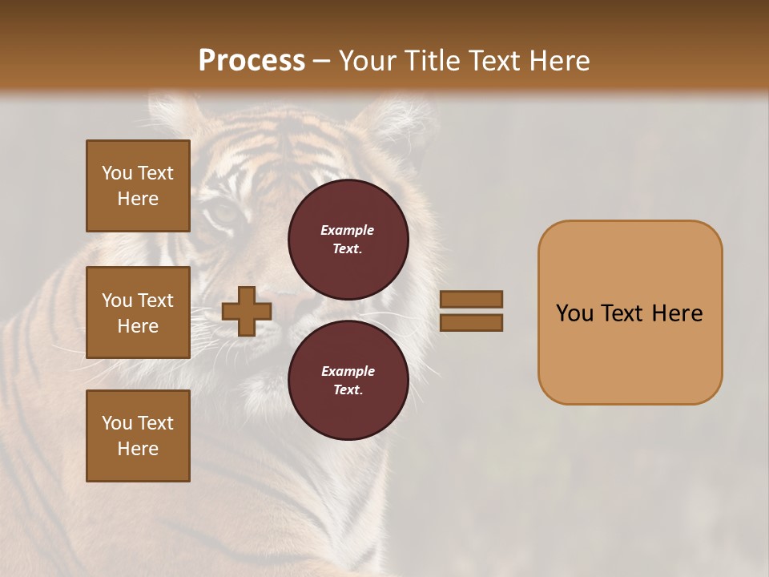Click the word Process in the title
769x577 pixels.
pyautogui.click(x=252, y=61)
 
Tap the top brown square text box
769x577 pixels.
pyautogui.click(x=138, y=186)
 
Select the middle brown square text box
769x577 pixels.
pyautogui.click(x=138, y=313)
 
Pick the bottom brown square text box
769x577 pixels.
pyautogui.click(x=138, y=435)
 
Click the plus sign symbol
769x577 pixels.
pyautogui.click(x=247, y=311)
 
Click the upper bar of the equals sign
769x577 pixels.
pyautogui.click(x=472, y=299)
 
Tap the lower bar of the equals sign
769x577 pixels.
pyautogui.click(x=472, y=323)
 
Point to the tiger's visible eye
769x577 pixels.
pyautogui.click(x=225, y=213)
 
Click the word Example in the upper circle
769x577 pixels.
pyautogui.click(x=348, y=230)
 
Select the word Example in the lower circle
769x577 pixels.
pyautogui.click(x=348, y=371)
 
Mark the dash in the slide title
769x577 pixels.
pyautogui.click(x=321, y=62)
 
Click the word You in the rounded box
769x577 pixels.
pyautogui.click(x=574, y=313)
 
